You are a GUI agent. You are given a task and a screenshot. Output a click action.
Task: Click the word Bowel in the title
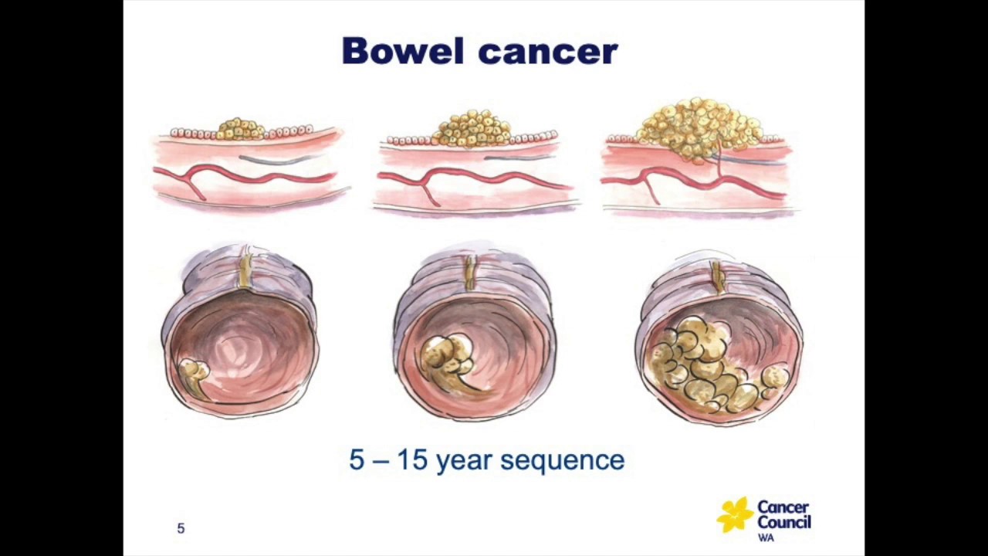(x=403, y=51)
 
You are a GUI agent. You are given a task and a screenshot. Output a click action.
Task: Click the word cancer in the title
(x=548, y=52)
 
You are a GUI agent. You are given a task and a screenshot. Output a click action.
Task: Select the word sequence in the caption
(x=563, y=461)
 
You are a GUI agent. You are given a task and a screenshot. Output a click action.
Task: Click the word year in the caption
(x=465, y=461)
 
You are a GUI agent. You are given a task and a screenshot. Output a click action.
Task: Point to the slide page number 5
(x=181, y=528)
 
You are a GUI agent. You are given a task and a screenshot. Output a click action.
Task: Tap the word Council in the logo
(x=783, y=522)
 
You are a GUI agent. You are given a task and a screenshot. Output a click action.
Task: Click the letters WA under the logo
(x=765, y=537)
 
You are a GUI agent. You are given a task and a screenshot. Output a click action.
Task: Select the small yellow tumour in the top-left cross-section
(x=240, y=129)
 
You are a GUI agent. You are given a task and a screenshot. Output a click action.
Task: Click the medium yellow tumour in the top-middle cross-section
(x=472, y=128)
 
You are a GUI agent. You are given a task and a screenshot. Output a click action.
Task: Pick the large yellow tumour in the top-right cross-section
(x=699, y=127)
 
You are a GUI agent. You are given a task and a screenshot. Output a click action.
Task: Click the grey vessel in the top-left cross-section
(x=278, y=160)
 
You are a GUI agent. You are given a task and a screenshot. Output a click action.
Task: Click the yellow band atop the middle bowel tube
(x=469, y=273)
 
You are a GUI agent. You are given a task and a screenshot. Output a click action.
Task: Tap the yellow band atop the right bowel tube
(x=717, y=276)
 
